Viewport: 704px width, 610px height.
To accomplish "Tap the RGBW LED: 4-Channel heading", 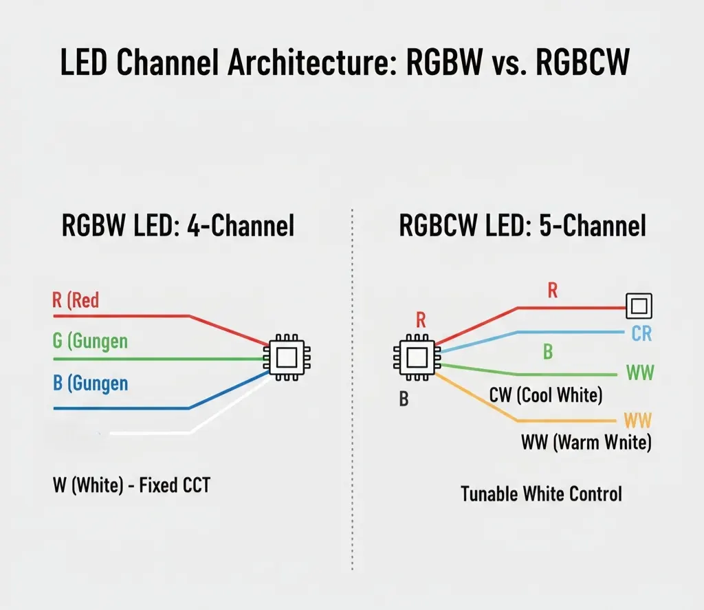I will [x=178, y=225].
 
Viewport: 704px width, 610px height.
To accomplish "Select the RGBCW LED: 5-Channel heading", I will [x=522, y=225].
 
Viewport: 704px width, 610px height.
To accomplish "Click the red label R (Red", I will [x=76, y=300].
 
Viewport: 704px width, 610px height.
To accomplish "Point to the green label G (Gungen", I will [x=90, y=340].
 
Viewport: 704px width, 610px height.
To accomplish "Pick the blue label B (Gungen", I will [x=90, y=382].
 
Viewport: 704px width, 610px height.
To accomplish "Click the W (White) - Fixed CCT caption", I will [x=131, y=485].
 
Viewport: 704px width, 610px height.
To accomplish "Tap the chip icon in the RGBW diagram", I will [x=287, y=357].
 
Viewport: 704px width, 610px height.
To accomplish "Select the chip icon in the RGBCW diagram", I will [x=415, y=357].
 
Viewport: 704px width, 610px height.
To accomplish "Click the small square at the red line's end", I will [x=639, y=305].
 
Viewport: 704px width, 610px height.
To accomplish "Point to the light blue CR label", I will [x=641, y=334].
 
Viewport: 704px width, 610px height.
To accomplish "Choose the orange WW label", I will [x=637, y=420].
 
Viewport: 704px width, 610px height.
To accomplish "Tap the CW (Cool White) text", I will [x=545, y=395].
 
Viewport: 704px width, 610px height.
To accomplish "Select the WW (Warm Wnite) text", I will [x=586, y=442].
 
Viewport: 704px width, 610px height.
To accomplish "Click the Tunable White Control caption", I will [x=541, y=494].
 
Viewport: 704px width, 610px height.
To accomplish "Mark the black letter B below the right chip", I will [x=404, y=399].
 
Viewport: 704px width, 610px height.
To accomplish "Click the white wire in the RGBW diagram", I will [x=151, y=433].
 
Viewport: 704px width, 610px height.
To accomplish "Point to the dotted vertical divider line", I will [x=352, y=386].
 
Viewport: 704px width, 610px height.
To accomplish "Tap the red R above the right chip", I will [x=421, y=319].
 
